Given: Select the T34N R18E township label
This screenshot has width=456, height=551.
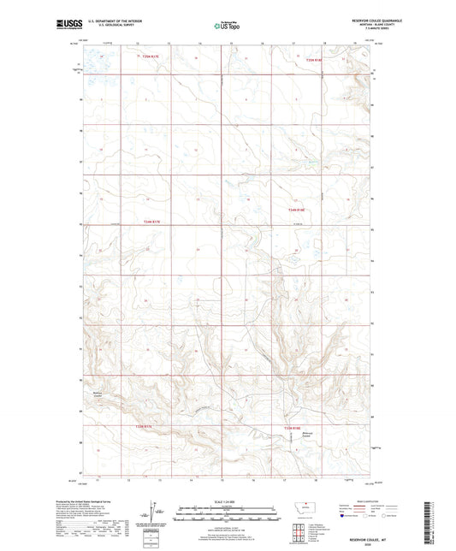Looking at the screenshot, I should (297, 210).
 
